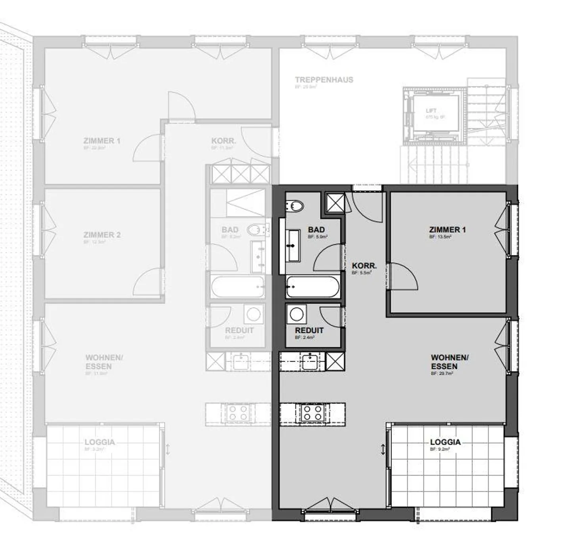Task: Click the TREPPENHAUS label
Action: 324,80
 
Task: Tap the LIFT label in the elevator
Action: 431,111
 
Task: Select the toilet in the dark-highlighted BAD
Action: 295,206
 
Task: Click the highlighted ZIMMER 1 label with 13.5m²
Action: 447,230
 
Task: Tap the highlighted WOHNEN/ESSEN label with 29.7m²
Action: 450,362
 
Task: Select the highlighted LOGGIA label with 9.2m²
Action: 445,442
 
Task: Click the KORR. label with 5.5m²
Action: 364,266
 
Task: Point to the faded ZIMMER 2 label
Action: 102,235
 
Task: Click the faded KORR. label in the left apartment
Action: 224,141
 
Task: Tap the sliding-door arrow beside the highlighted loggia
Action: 383,450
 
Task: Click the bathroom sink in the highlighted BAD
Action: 293,246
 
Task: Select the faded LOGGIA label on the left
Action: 100,442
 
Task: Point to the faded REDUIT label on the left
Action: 239,330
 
